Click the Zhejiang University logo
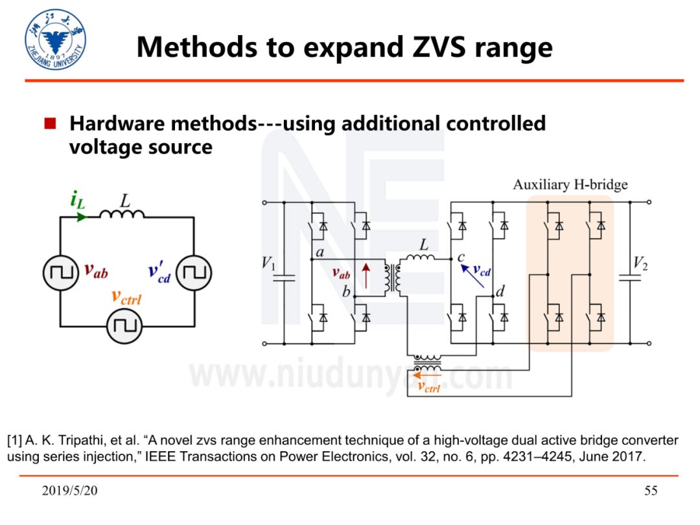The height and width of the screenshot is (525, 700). pos(56,40)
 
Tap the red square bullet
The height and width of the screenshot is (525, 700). pos(51,123)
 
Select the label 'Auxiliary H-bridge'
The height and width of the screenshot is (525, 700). pos(570,185)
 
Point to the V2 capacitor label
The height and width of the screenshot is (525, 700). pos(640,263)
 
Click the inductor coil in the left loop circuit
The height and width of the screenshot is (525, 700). pos(122,214)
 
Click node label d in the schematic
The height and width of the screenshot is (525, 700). pos(500,293)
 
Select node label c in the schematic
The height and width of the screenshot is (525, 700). pos(461,258)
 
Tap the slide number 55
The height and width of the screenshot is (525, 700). pos(651,491)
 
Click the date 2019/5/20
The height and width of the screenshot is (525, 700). pos(70,491)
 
